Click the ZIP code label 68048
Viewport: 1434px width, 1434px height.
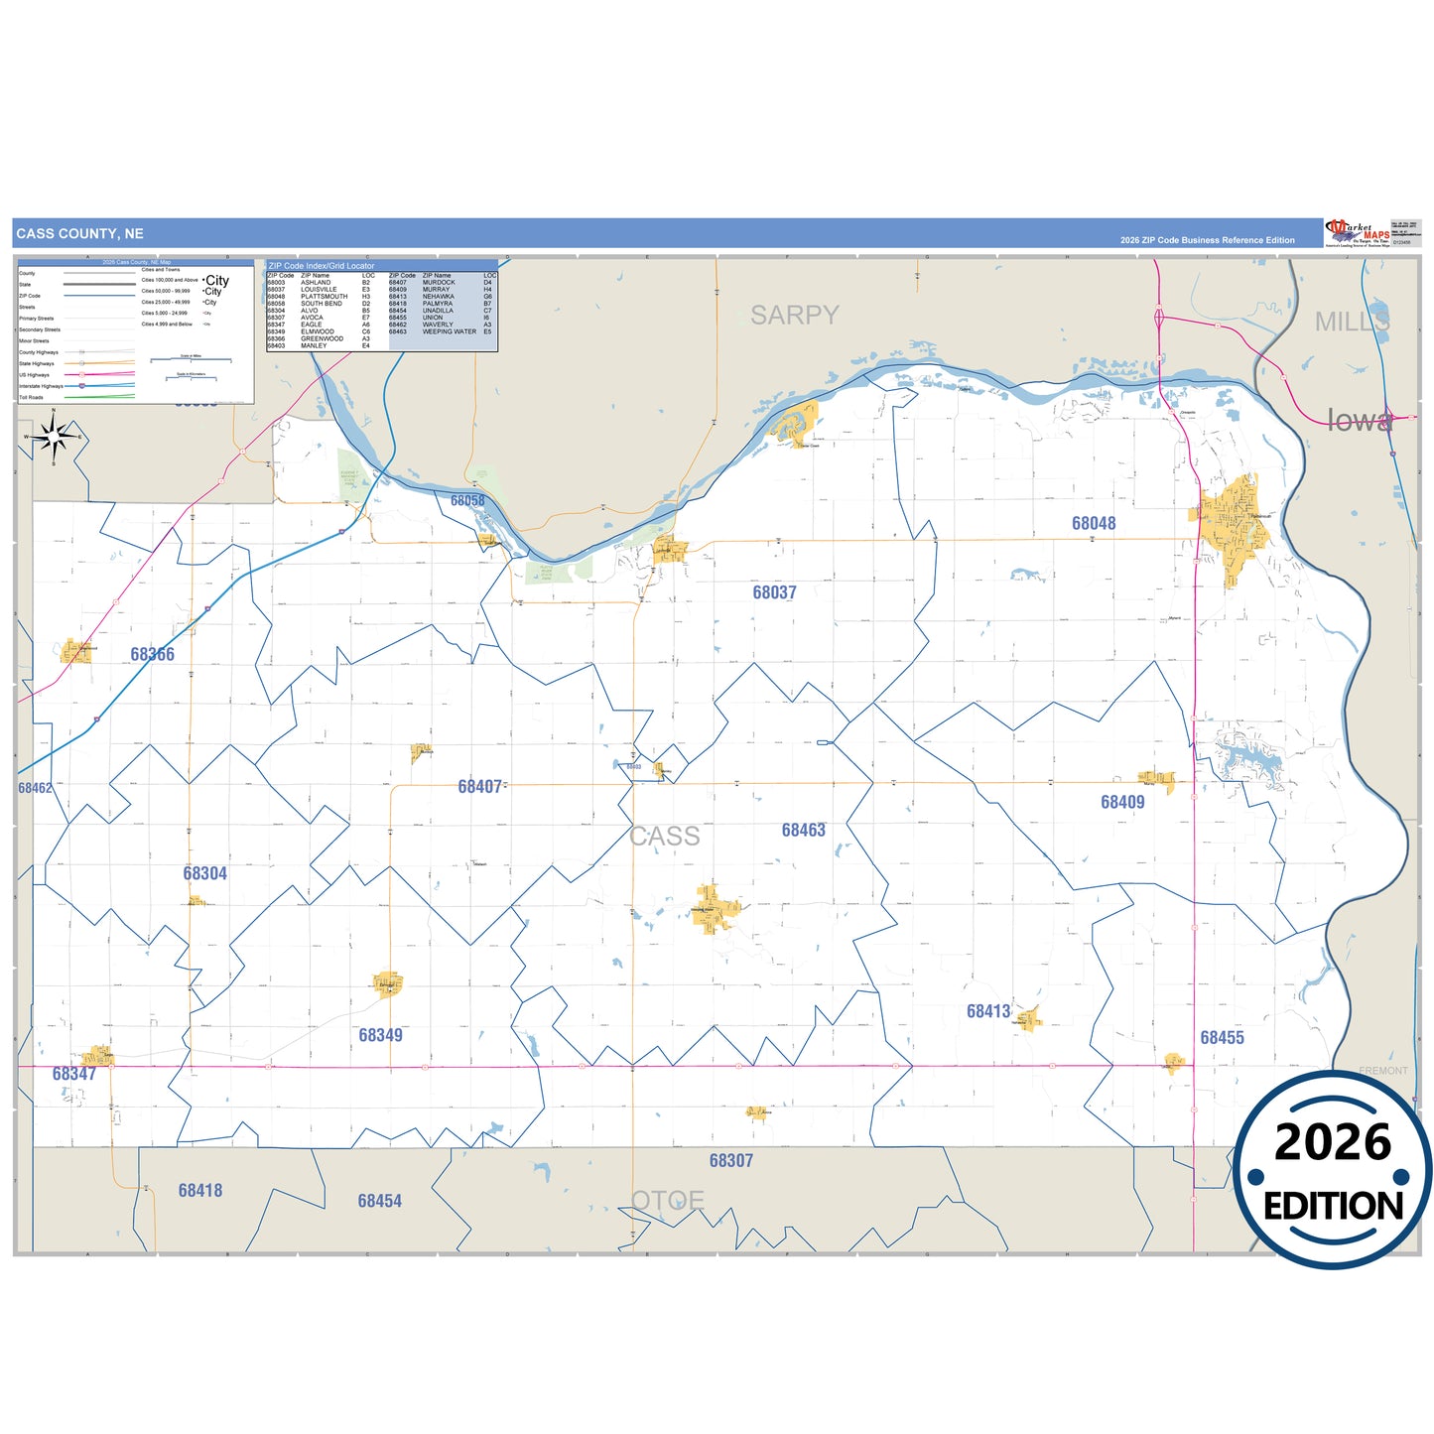click(1093, 523)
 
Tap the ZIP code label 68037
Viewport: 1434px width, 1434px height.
click(774, 592)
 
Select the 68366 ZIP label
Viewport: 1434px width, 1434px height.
click(152, 654)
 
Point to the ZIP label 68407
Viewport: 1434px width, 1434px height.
click(479, 787)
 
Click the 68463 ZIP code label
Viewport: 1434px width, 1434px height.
click(803, 830)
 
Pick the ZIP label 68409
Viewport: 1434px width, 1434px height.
click(1122, 802)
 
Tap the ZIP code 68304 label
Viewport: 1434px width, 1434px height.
click(204, 873)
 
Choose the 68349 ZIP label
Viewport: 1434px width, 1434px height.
click(380, 1035)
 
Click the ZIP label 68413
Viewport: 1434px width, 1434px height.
click(988, 1011)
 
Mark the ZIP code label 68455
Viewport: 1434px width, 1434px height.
click(1222, 1037)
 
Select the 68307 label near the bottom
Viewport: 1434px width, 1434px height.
click(730, 1160)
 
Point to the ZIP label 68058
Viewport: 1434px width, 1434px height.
click(467, 500)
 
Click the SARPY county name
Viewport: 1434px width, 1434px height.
click(794, 316)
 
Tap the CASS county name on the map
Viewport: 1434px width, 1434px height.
click(665, 837)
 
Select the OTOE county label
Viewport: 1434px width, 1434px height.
click(668, 1201)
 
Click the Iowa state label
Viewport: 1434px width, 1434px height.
click(1359, 421)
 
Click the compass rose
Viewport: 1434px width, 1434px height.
click(55, 437)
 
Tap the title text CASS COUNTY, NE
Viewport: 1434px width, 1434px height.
click(79, 234)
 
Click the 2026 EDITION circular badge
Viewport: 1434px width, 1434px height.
click(1333, 1170)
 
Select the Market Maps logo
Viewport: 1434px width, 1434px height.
click(1358, 233)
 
